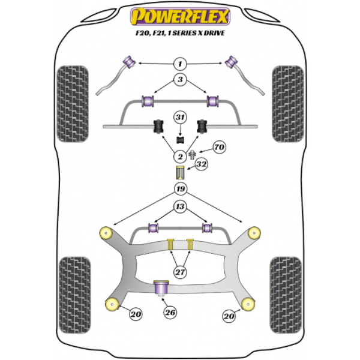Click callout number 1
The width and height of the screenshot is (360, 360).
click(x=179, y=64)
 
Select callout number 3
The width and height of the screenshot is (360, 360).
click(x=179, y=80)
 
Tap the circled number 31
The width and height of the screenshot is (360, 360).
click(x=179, y=118)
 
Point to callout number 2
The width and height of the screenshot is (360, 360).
click(x=179, y=157)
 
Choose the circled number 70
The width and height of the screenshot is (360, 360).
click(x=220, y=146)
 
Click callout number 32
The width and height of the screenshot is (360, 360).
click(x=202, y=163)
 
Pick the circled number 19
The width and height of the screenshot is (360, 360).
click(x=179, y=190)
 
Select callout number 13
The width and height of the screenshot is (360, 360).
click(x=179, y=207)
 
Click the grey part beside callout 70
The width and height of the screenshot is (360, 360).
click(x=193, y=155)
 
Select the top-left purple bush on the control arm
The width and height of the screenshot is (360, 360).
click(x=128, y=61)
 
